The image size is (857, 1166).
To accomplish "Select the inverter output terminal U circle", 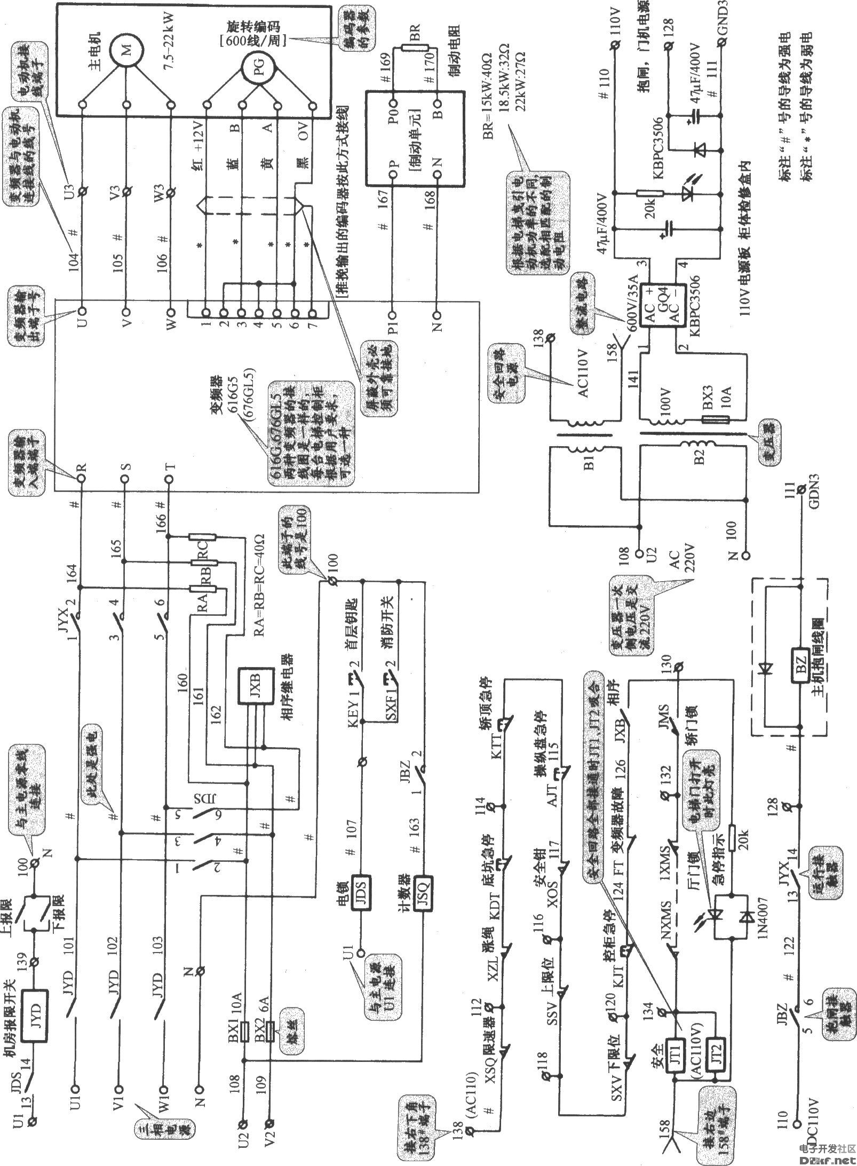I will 82,311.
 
